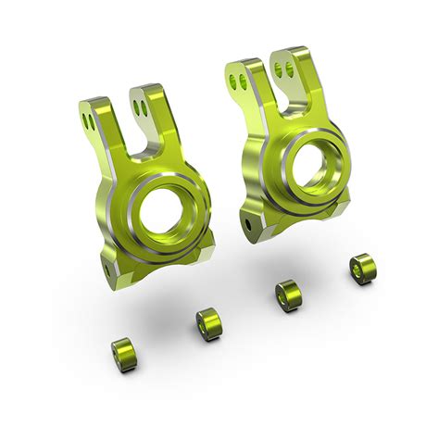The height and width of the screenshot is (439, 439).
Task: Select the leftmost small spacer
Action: (x=123, y=352)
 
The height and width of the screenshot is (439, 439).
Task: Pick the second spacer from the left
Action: (x=208, y=323)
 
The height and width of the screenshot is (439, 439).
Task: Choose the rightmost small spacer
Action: (x=360, y=269)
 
